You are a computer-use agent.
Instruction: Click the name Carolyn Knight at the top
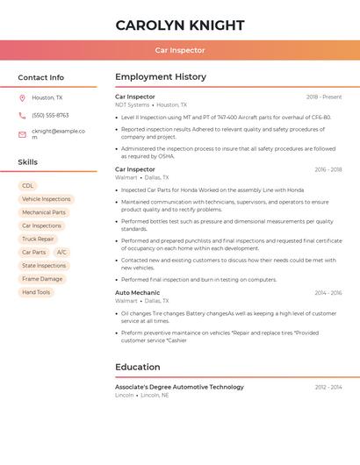pos(180,25)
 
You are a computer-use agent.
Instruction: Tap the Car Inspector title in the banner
pos(180,50)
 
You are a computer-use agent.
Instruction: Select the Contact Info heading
pos(41,77)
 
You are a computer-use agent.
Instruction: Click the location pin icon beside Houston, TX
pos(22,98)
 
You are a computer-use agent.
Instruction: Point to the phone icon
pos(22,116)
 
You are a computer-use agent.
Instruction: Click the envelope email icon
pos(22,134)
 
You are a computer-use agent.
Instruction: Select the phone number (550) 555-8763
pos(50,116)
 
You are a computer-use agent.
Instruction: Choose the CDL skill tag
pos(28,186)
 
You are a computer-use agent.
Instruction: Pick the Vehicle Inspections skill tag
pos(47,199)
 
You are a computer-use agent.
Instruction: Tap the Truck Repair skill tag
pos(39,239)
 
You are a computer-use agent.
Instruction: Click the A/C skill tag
pos(61,252)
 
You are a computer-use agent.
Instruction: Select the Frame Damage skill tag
pos(42,279)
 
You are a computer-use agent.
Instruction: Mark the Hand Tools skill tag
pos(36,292)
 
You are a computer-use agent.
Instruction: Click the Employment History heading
pos(161,77)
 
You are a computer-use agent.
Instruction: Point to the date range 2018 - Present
pos(324,97)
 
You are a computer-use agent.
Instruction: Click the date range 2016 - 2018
pos(328,169)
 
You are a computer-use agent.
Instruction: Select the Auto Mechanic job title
pos(138,292)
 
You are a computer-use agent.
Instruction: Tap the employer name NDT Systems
pos(133,105)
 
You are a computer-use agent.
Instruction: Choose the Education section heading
pos(137,367)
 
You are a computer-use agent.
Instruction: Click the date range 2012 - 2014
pos(328,387)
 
